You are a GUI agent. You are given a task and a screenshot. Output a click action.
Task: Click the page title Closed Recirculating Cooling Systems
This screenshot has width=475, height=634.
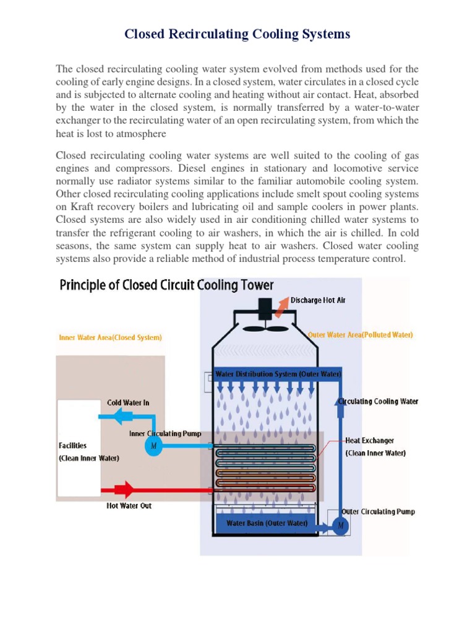click(x=237, y=34)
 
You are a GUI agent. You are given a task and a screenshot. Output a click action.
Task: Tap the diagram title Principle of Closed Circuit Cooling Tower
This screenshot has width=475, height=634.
click(x=166, y=285)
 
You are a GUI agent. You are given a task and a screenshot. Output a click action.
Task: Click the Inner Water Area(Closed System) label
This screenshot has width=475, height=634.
click(x=110, y=337)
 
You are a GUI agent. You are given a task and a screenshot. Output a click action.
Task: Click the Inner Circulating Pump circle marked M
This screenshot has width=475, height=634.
click(x=153, y=446)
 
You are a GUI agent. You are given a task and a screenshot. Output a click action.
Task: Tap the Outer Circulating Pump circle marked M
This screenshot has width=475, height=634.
click(x=340, y=526)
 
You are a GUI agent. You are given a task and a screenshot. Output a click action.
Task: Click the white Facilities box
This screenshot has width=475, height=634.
click(x=79, y=448)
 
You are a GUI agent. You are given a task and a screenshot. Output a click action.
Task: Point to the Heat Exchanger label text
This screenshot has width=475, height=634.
click(x=369, y=441)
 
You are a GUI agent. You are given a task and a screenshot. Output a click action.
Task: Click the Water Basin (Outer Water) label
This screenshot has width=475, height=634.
click(x=267, y=523)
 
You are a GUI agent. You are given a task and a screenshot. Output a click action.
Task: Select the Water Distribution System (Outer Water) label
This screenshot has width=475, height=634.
click(x=278, y=375)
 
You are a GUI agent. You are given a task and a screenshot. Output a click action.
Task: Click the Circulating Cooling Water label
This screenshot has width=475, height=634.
click(x=378, y=401)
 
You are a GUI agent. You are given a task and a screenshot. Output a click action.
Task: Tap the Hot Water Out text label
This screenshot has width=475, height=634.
click(x=129, y=506)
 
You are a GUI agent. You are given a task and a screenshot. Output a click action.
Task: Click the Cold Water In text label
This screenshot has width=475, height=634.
click(x=128, y=402)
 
